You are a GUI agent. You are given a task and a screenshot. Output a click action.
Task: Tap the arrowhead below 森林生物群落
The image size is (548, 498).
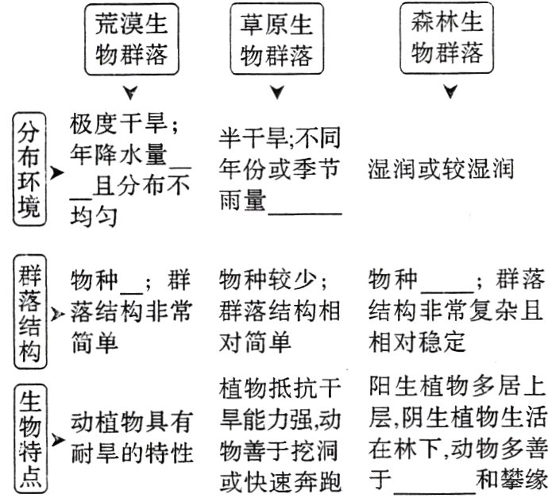point(450,94)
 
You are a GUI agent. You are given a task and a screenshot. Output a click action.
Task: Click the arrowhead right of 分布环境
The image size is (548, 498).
point(56,171)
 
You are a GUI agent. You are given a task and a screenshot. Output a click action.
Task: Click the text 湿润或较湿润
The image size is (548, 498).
point(442,169)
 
